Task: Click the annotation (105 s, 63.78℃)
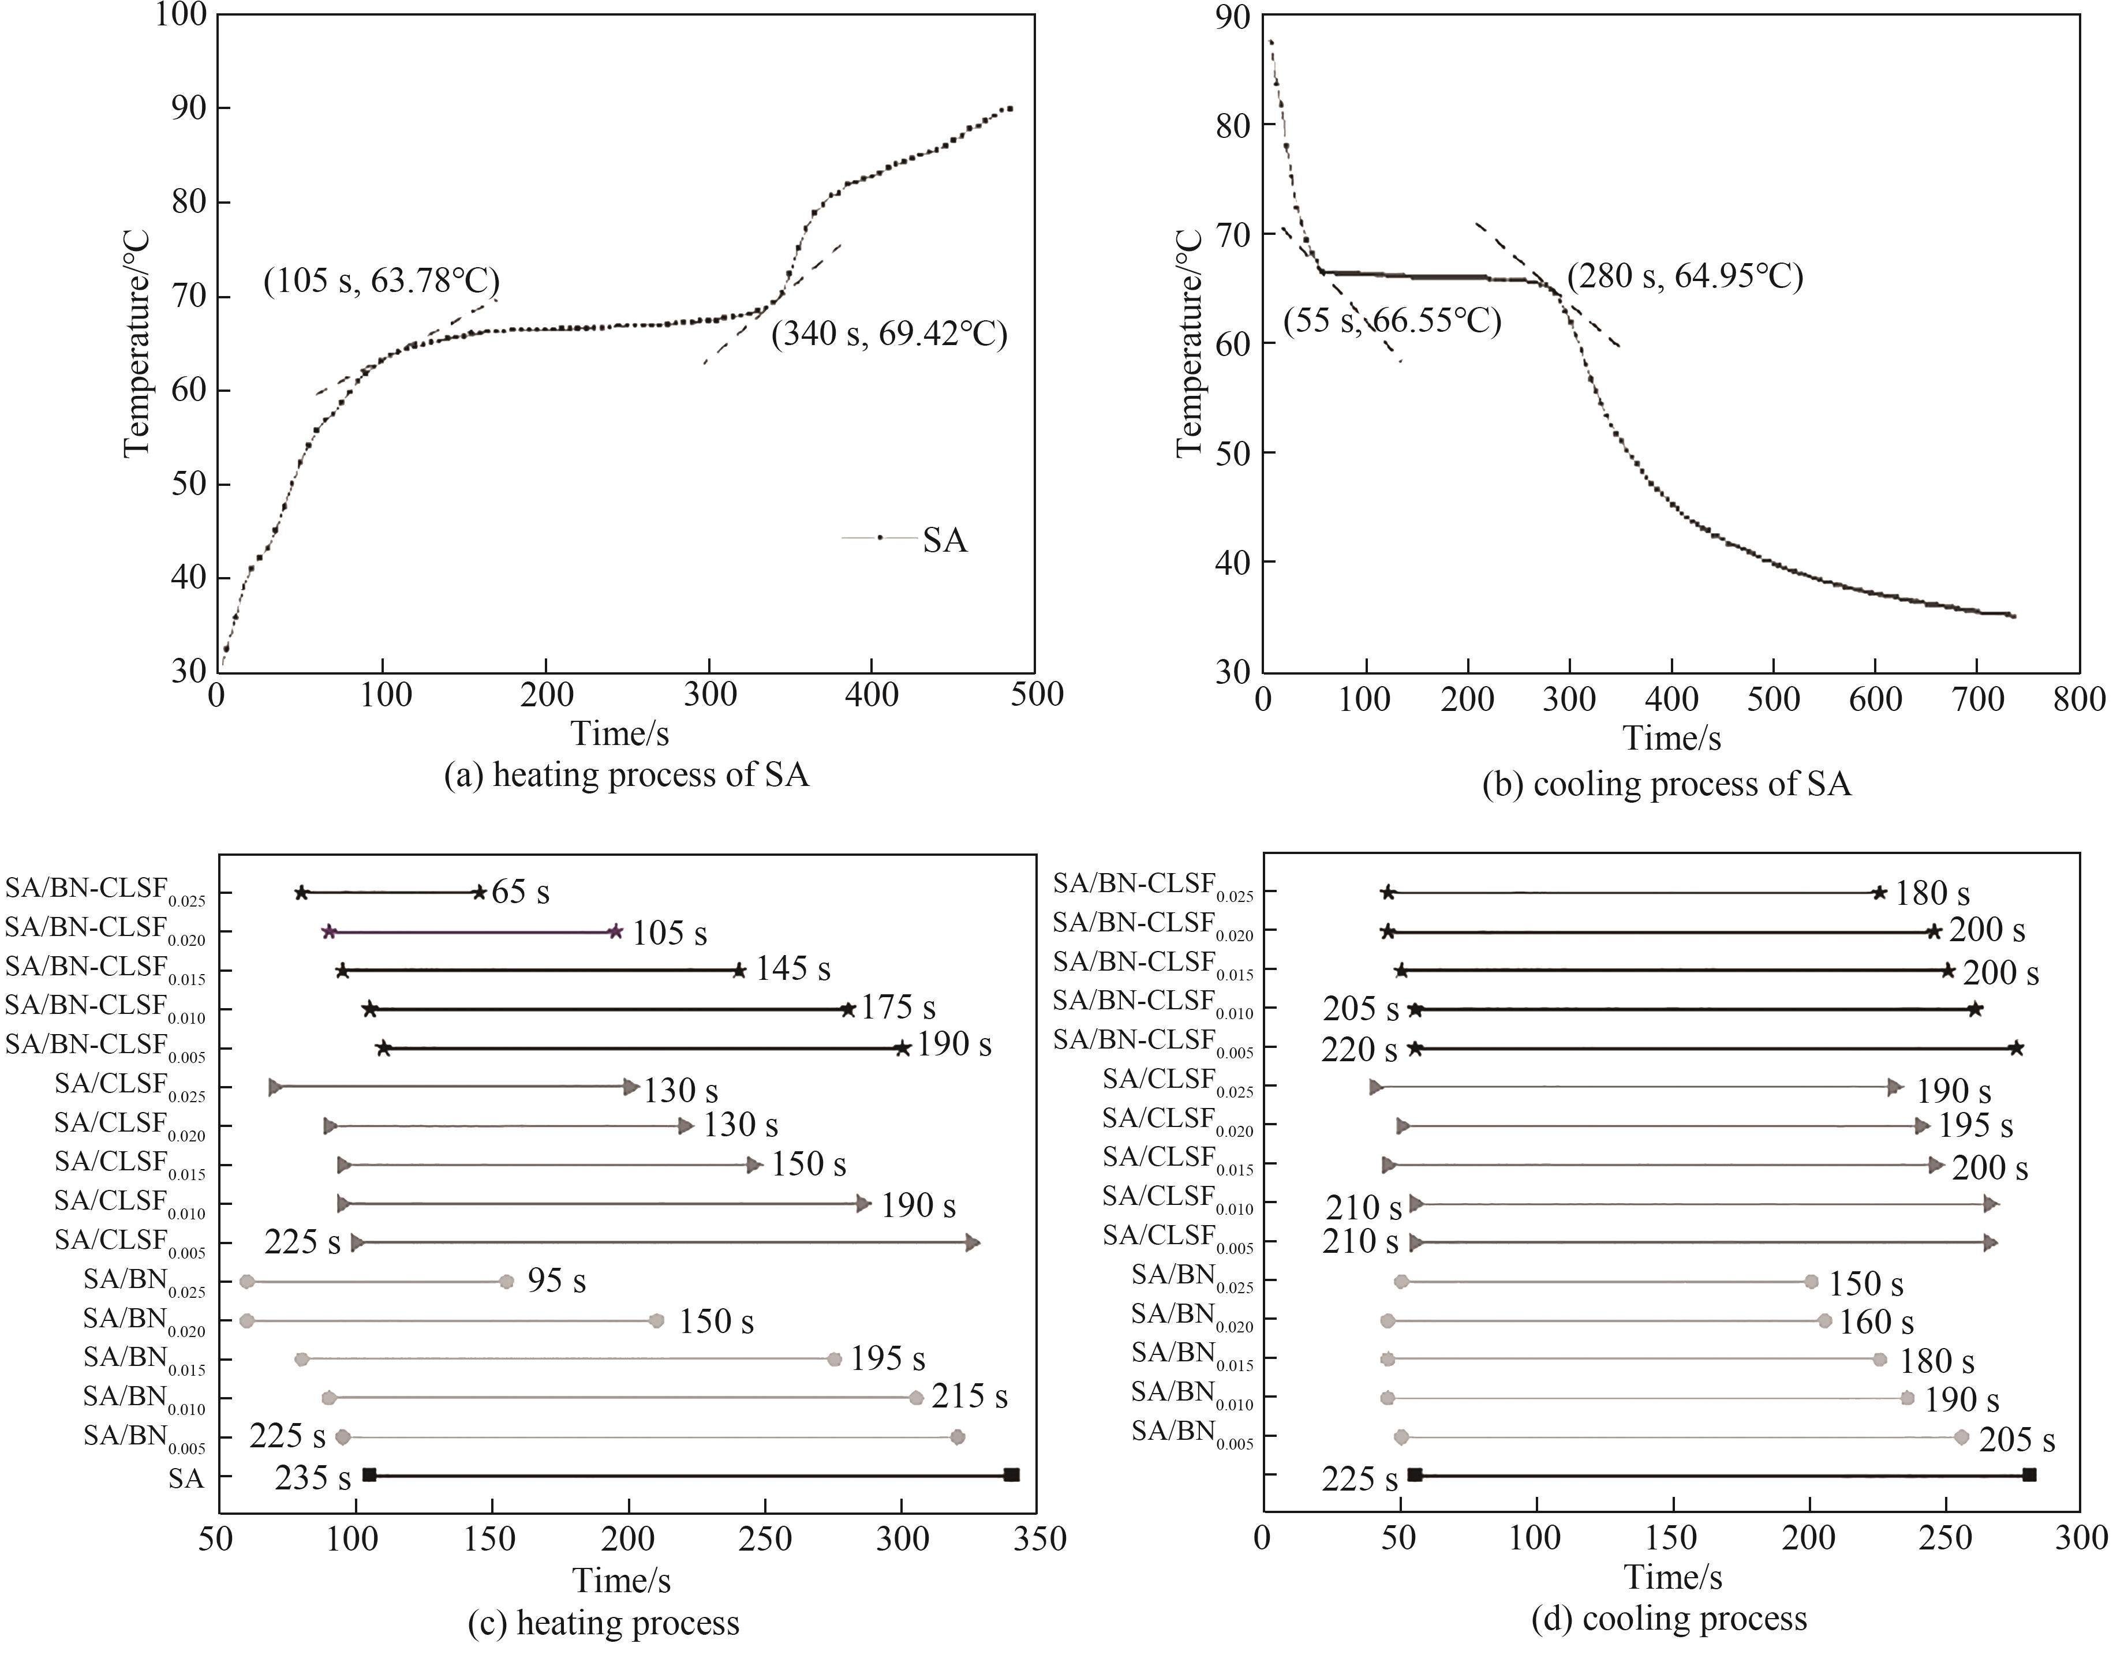click(382, 282)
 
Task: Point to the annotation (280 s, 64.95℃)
click(1685, 277)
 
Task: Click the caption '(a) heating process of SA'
click(626, 776)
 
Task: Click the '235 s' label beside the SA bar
click(312, 1478)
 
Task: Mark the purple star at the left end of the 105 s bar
click(330, 931)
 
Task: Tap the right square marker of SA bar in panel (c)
click(1012, 1475)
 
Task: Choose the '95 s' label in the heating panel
click(556, 1281)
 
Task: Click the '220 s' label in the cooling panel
click(1359, 1050)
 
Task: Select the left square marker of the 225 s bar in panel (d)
click(1415, 1475)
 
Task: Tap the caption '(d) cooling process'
click(1669, 1619)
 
